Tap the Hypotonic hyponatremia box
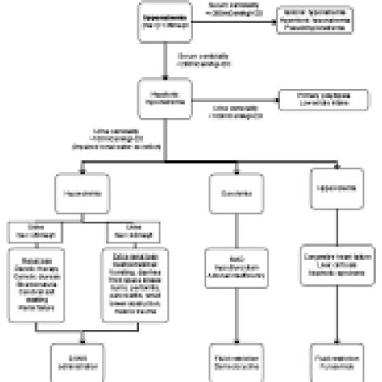[x=167, y=98]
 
